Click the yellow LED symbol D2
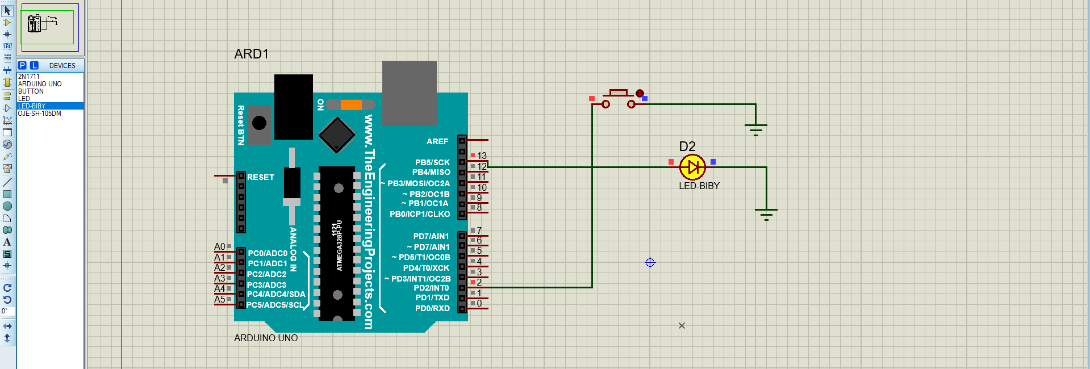[692, 167]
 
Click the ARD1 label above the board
[251, 54]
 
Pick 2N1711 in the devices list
[29, 76]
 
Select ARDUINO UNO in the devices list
[40, 83]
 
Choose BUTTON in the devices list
[31, 91]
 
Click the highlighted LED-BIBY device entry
[32, 106]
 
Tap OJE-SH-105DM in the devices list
[40, 114]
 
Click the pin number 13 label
[482, 156]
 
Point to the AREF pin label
[437, 141]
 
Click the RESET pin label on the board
[261, 177]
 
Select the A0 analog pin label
[219, 246]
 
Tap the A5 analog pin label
[219, 299]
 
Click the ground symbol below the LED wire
[766, 213]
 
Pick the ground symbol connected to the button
[755, 129]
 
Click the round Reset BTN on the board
[259, 123]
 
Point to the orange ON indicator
[351, 104]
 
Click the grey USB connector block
[409, 92]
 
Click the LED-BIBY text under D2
[699, 186]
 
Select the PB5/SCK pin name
[432, 162]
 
